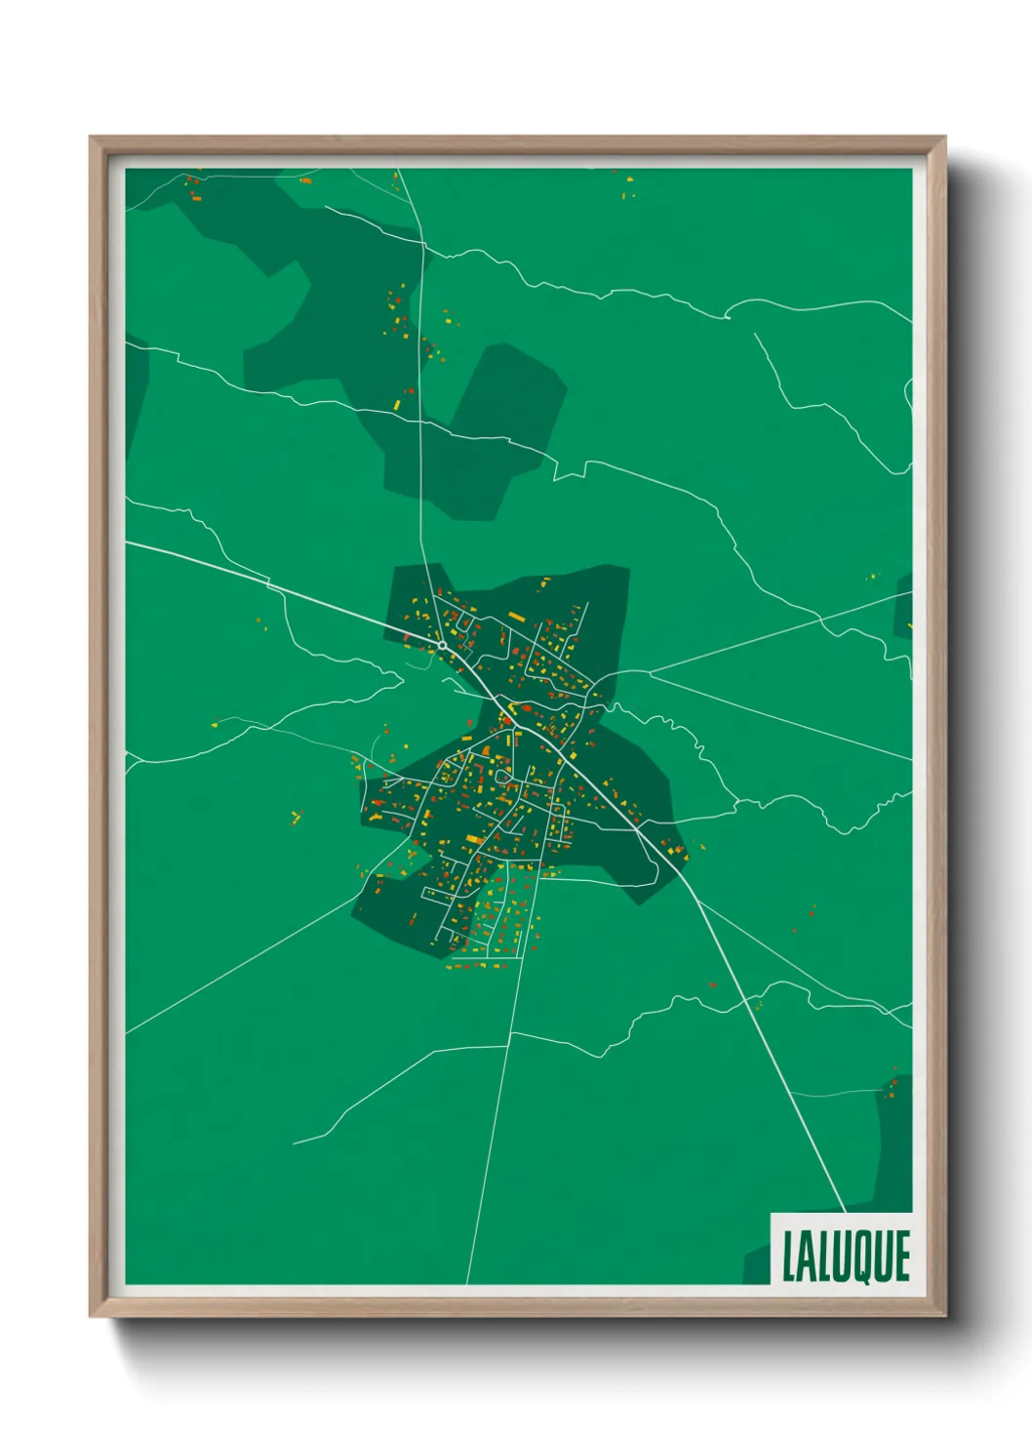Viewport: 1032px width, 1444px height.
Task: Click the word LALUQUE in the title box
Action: pyautogui.click(x=845, y=1257)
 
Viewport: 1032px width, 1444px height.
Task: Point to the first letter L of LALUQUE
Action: pyautogui.click(x=789, y=1257)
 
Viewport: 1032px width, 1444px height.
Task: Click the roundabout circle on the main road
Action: pyautogui.click(x=442, y=645)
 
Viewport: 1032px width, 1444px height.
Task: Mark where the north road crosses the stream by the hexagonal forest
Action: pyautogui.click(x=420, y=421)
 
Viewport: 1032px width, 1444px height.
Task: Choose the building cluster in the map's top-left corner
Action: pyautogui.click(x=192, y=186)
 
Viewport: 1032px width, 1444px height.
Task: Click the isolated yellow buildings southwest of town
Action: pyautogui.click(x=297, y=816)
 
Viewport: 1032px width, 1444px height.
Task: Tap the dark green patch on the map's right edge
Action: pyautogui.click(x=904, y=605)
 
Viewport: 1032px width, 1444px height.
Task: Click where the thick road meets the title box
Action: pyautogui.click(x=844, y=1212)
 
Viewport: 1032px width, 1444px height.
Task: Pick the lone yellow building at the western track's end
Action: pyautogui.click(x=216, y=724)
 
